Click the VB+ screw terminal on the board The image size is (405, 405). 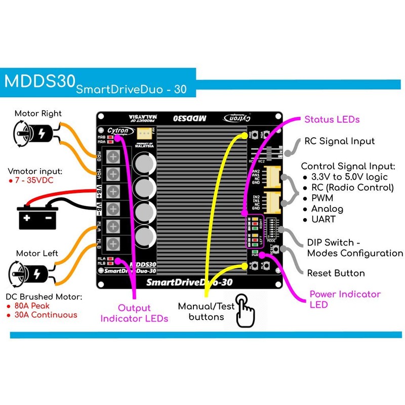coord(114,191)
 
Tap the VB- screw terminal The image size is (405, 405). coord(114,208)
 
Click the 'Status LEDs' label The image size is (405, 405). coord(332,119)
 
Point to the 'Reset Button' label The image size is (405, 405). coord(336,273)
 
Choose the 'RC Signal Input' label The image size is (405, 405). coord(339,141)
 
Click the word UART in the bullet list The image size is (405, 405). coord(323,220)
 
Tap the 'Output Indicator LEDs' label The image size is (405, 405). coord(134,313)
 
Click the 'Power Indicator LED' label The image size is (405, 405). coord(345,299)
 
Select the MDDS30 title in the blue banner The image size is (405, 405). coord(39,82)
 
